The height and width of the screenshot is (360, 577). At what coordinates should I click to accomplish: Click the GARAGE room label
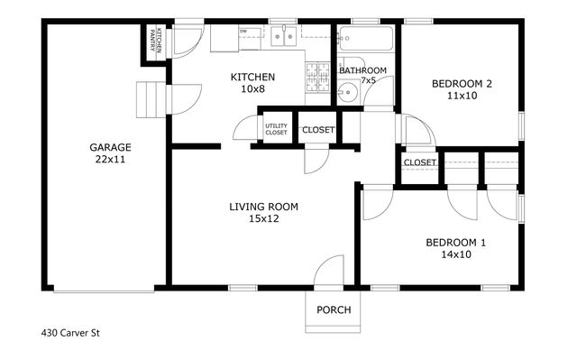coord(109,147)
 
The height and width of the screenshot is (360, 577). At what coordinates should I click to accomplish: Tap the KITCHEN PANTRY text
coord(153,39)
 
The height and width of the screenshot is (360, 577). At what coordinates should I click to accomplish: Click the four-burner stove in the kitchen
coord(319,79)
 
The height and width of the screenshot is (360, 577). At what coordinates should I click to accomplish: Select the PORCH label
coord(334,310)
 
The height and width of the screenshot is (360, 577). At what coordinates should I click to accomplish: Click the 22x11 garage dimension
coord(109,160)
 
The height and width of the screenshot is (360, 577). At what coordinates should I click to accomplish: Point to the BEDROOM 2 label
coord(461,84)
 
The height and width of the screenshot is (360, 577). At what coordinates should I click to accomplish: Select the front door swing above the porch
coord(329,271)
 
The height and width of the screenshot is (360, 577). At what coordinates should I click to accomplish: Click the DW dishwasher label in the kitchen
coord(243,32)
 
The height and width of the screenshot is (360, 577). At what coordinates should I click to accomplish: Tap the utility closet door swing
coord(245,129)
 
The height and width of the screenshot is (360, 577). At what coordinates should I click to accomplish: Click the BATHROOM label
coord(362,70)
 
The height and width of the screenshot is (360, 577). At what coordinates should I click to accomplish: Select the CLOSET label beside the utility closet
coord(317,130)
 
